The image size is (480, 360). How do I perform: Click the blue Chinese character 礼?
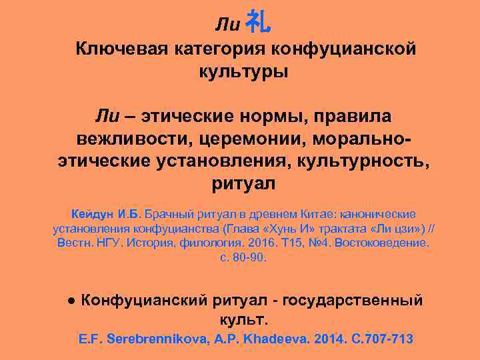coord(258,23)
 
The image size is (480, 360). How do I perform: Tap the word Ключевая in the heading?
coord(119,49)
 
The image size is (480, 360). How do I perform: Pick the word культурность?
coord(351,161)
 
